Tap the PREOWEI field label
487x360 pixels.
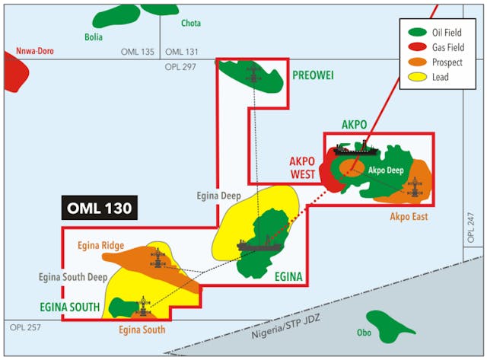313,75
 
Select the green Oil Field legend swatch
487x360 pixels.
416,33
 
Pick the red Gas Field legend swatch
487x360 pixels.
416,47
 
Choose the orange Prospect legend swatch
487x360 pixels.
416,62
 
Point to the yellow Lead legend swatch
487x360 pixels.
416,77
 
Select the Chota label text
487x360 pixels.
191,24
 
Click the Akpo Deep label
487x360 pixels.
385,170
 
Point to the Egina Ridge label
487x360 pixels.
100,245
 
